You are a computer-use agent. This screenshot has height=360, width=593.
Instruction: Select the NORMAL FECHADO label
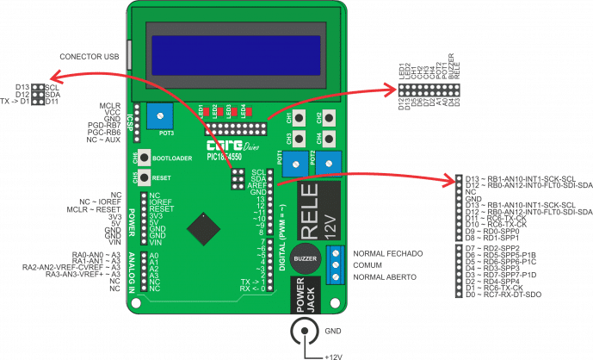pyautogui.click(x=387, y=255)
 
